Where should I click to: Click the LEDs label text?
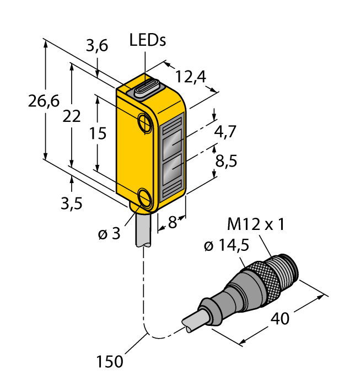pyautogui.click(x=148, y=40)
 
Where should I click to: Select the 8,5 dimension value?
pyautogui.click(x=226, y=161)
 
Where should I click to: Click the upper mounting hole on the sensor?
pyautogui.click(x=145, y=121)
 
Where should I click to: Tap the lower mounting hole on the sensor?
pyautogui.click(x=146, y=197)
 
